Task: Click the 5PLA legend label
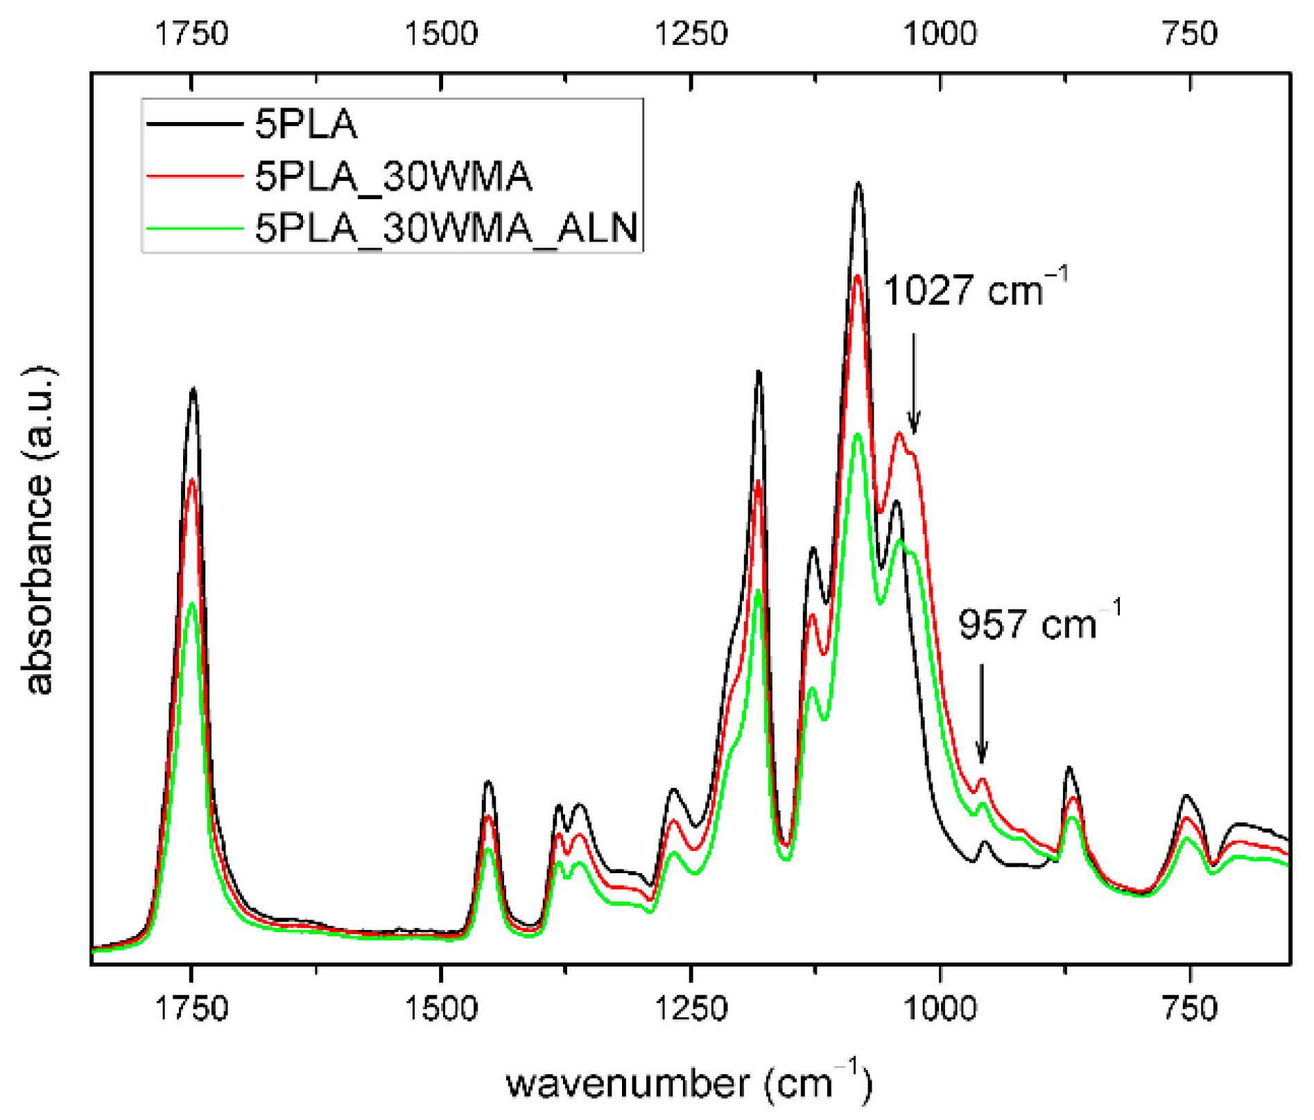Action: pyautogui.click(x=306, y=125)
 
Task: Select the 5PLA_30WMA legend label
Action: pyautogui.click(x=393, y=176)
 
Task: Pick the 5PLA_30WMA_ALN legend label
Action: pyautogui.click(x=446, y=227)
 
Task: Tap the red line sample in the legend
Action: pyautogui.click(x=194, y=176)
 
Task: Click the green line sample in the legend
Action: pyautogui.click(x=194, y=227)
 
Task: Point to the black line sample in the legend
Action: pyautogui.click(x=194, y=125)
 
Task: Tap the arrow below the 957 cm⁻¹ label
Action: pyautogui.click(x=981, y=714)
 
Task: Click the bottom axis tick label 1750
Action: pyautogui.click(x=191, y=1008)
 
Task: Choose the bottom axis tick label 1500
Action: pyautogui.click(x=441, y=1008)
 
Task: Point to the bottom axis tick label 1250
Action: pyautogui.click(x=691, y=1008)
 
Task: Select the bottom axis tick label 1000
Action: pyautogui.click(x=940, y=1008)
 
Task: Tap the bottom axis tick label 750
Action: pyautogui.click(x=1190, y=1008)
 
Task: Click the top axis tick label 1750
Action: pyautogui.click(x=191, y=33)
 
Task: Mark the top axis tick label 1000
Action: pyautogui.click(x=940, y=33)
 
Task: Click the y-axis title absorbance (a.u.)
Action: pyautogui.click(x=39, y=531)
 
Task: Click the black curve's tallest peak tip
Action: pyautogui.click(x=858, y=184)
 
